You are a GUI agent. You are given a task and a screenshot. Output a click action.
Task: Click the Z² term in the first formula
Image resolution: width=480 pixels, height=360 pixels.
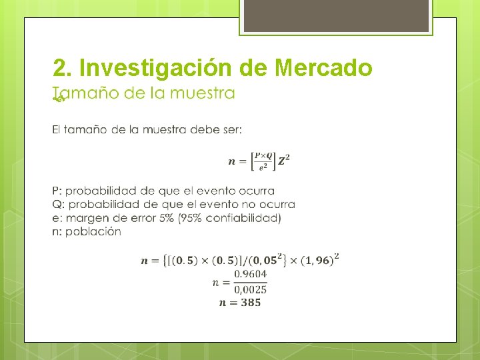pyautogui.click(x=284, y=161)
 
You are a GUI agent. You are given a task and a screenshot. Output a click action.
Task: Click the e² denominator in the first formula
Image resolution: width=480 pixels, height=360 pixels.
pyautogui.click(x=263, y=167)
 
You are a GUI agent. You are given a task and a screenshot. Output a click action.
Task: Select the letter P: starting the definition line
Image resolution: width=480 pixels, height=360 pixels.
pyautogui.click(x=57, y=191)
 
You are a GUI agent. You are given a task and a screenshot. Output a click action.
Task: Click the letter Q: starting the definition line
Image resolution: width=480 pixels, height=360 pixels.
pyautogui.click(x=57, y=204)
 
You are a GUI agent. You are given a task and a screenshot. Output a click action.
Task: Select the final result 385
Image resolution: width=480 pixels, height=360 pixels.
pyautogui.click(x=249, y=302)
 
